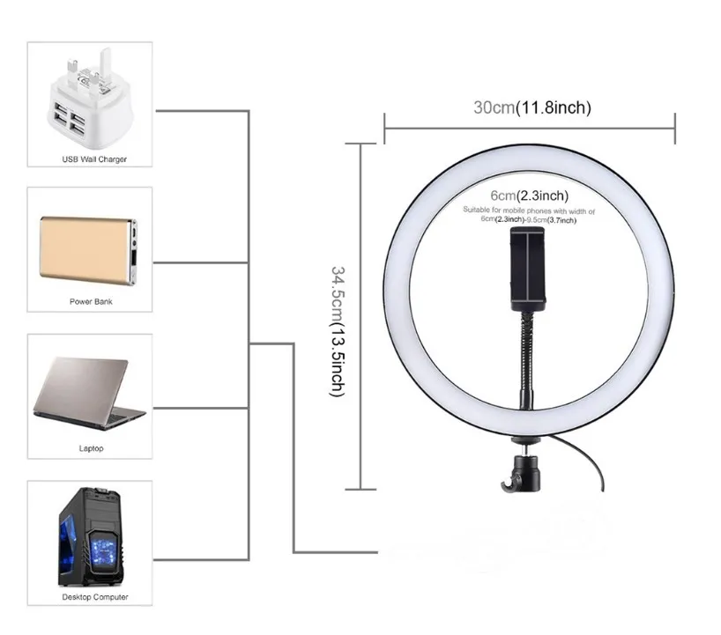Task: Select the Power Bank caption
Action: [91, 301]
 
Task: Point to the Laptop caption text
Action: [91, 448]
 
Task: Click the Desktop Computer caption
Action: [94, 596]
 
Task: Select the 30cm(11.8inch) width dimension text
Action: [531, 107]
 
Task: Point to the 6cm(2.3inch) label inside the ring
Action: [530, 195]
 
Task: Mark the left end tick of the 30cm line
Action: [385, 128]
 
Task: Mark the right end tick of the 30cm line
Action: [674, 128]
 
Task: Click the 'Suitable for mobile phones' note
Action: [530, 216]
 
